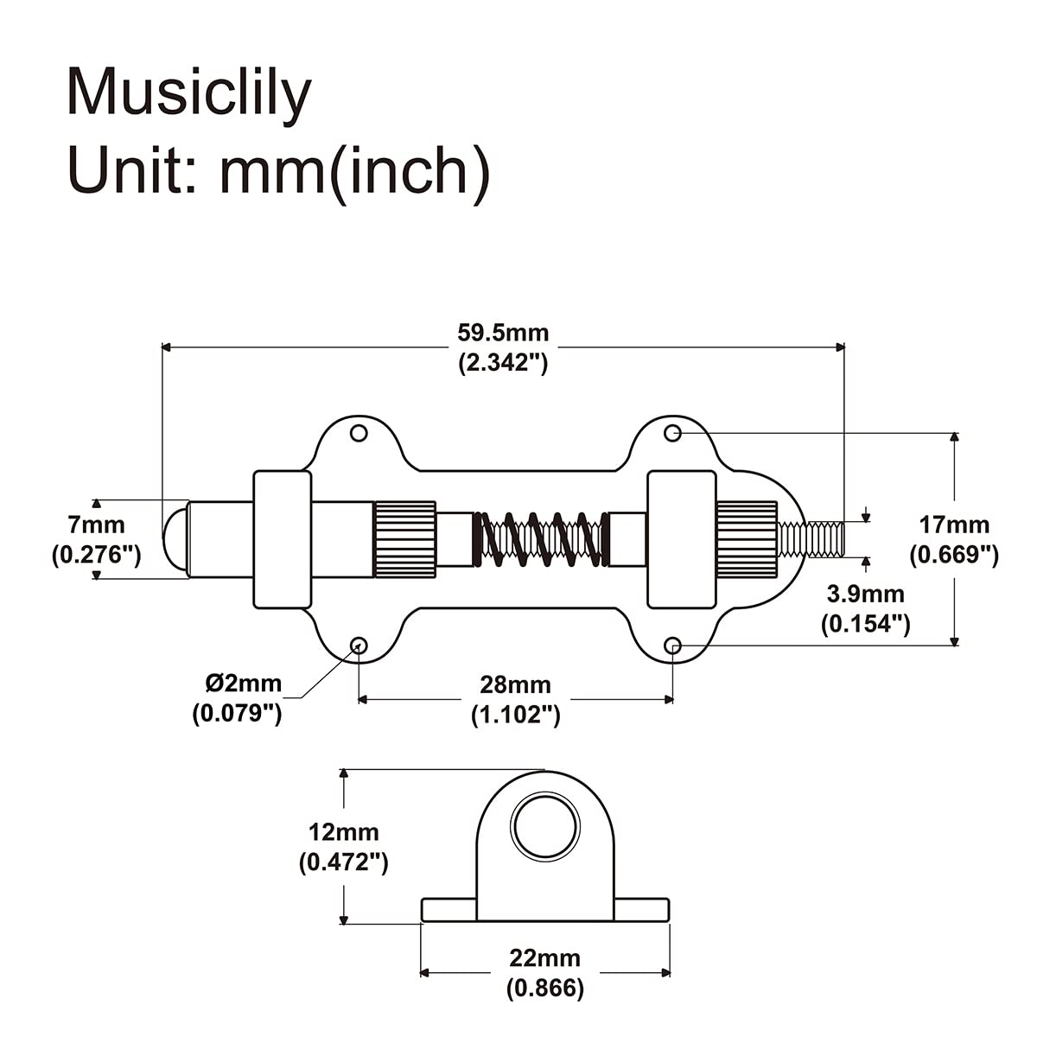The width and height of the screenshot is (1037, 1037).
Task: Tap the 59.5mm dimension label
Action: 503,333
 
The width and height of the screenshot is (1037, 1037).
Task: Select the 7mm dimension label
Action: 96,525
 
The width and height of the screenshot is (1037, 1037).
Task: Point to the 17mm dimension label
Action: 954,525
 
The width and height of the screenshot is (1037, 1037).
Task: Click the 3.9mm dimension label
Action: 865,594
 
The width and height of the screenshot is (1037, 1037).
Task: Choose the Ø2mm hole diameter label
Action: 243,684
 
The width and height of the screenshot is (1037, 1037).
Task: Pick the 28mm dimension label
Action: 515,684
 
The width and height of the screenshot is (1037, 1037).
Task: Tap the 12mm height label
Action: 343,832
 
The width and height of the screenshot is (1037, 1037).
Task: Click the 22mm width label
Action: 544,957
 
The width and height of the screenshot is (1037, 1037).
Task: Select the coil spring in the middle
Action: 542,538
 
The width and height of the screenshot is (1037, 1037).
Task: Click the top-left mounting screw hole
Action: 359,432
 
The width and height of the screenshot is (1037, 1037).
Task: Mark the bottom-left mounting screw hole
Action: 357,646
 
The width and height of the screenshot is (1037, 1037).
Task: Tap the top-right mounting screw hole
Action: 673,432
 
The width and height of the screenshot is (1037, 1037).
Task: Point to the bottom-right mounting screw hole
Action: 673,646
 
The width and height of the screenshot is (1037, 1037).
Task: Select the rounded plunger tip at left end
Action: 175,538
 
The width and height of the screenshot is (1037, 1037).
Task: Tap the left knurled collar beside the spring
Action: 404,538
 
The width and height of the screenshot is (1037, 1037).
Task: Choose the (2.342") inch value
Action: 503,363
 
